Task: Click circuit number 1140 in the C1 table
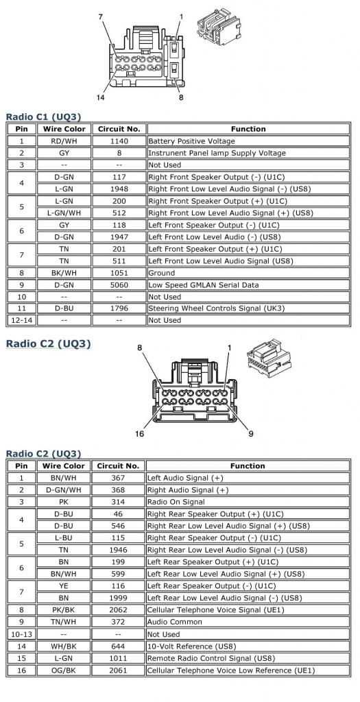(119, 141)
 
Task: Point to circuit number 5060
(119, 285)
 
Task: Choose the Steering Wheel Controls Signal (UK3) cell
(206, 309)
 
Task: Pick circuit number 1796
(119, 309)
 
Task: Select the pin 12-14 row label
(21, 320)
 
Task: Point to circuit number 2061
(118, 670)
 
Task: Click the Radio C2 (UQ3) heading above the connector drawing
(48, 343)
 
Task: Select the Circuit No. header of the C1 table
(119, 129)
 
